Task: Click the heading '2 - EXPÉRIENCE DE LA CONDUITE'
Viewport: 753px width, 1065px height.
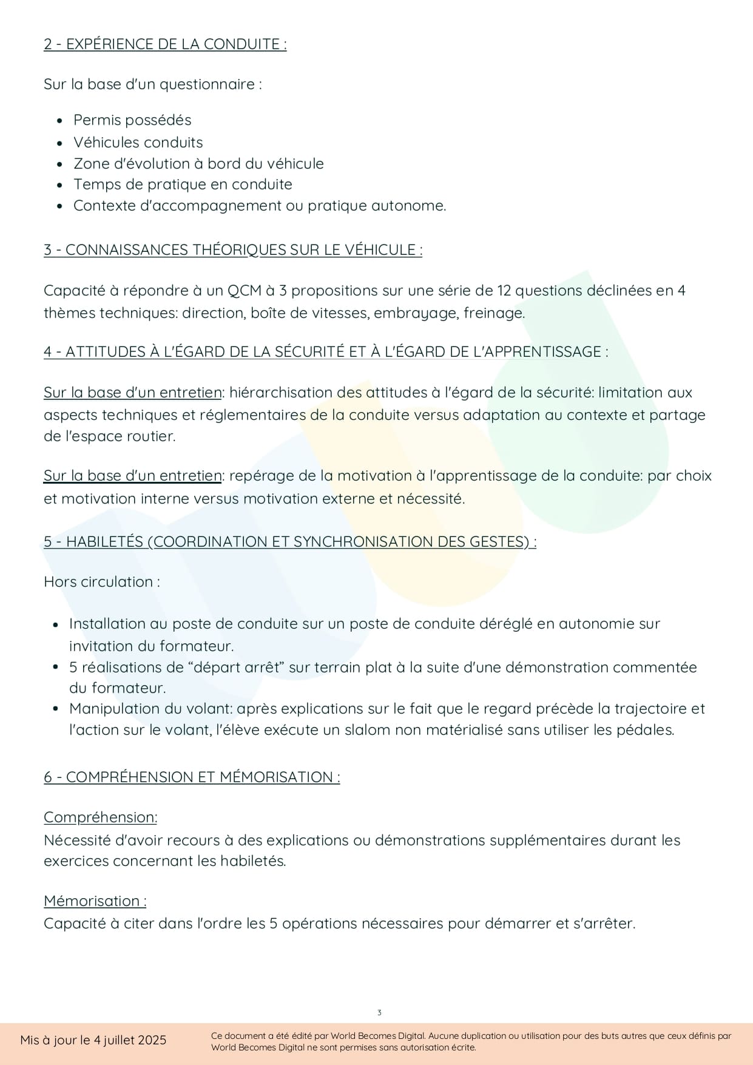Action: (164, 44)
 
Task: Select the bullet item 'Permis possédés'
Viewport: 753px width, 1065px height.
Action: (132, 120)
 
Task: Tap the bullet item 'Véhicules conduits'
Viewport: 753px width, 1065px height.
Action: (138, 143)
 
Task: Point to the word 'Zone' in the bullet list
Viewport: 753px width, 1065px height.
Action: (89, 164)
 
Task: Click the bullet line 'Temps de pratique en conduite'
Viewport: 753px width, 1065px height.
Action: (183, 184)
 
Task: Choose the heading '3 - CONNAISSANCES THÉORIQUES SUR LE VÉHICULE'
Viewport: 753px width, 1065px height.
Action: (232, 250)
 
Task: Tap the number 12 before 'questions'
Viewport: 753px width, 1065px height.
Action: (504, 291)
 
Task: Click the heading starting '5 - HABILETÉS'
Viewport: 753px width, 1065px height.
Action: (289, 542)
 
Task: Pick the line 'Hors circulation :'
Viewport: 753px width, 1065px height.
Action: (102, 582)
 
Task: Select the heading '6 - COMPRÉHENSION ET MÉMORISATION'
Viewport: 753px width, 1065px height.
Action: (191, 777)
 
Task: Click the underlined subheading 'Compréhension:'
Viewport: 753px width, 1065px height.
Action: (100, 817)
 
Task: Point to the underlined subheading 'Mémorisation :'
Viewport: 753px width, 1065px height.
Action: (95, 901)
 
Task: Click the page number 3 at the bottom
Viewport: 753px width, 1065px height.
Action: (379, 1013)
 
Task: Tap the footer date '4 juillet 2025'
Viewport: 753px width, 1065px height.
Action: (130, 1040)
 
